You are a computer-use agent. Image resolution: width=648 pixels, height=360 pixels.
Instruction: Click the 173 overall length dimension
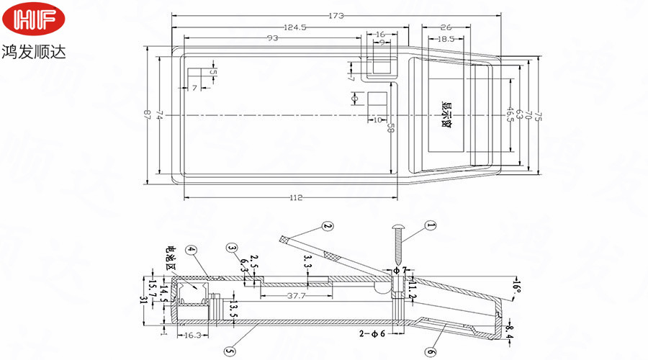tap(336, 14)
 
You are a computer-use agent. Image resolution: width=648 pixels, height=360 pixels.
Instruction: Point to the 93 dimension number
tap(273, 37)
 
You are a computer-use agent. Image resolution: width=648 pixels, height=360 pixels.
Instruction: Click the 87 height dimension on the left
tap(148, 114)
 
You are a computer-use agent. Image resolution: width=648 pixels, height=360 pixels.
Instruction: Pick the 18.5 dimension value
tap(446, 38)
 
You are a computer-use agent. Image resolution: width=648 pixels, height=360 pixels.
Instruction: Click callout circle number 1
tap(431, 226)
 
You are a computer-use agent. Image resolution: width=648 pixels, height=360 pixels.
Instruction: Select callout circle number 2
tap(328, 227)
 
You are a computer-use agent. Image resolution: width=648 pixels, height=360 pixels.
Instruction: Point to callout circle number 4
tap(191, 251)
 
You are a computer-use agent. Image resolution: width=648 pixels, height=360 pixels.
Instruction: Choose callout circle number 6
tap(430, 352)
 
